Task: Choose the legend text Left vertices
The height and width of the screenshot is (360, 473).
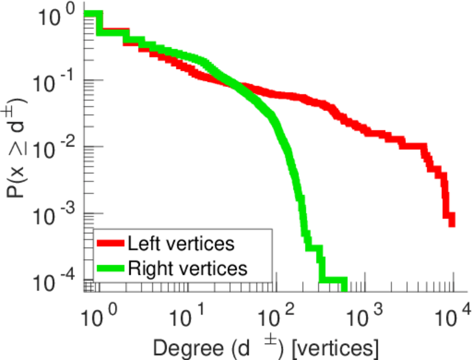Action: point(180,244)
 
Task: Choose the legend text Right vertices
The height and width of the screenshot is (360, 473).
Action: point(187,268)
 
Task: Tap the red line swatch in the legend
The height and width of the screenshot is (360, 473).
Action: point(110,244)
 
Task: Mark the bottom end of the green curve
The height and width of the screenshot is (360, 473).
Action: point(344,288)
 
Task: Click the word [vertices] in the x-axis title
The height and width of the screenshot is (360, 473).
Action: point(342,347)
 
